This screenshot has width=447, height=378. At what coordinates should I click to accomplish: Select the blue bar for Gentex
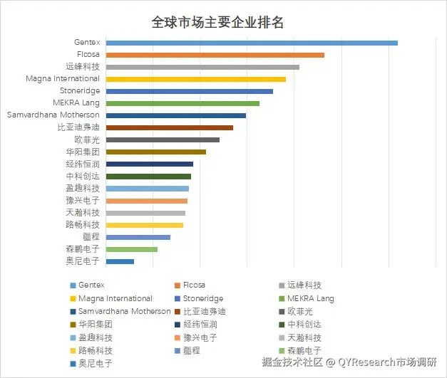click(251, 43)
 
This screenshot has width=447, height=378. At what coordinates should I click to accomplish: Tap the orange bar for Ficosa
click(215, 55)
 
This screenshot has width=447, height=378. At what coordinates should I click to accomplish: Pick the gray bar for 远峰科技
click(202, 67)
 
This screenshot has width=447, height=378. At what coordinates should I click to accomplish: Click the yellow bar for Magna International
click(195, 79)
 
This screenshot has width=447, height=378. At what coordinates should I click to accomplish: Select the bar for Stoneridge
click(189, 91)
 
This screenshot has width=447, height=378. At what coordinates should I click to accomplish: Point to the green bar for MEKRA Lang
click(182, 103)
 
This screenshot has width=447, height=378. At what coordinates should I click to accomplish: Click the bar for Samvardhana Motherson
click(175, 115)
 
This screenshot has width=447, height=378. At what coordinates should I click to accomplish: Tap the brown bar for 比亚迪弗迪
click(169, 127)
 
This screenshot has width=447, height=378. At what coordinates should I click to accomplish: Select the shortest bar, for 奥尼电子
click(120, 261)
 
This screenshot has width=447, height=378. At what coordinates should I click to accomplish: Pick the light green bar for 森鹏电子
click(131, 249)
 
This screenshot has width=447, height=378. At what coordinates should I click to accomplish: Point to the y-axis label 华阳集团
click(82, 152)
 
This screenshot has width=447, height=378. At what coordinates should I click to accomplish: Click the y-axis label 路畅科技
click(82, 224)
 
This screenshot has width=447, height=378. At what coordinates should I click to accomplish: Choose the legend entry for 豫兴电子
click(199, 337)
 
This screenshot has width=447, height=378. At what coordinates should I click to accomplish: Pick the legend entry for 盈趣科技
click(94, 337)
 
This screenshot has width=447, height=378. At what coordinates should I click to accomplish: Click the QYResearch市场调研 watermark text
click(387, 362)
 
